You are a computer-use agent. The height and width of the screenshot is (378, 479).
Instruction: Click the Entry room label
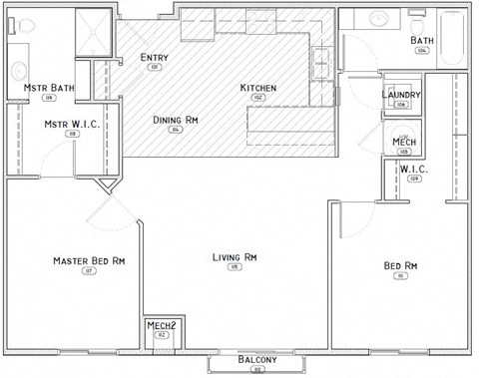tap(155, 57)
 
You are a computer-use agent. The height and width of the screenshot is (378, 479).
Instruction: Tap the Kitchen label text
tap(258, 88)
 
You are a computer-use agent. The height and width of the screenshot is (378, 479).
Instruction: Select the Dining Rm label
tap(176, 120)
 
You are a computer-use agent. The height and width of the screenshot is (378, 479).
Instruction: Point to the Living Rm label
tap(236, 257)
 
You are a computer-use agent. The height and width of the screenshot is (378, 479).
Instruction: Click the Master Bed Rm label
tap(89, 261)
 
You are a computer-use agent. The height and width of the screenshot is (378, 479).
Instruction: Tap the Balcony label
tap(257, 359)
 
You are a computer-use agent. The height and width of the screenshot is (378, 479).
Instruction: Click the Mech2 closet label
tap(162, 326)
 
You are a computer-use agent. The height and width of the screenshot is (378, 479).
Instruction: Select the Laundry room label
tap(401, 95)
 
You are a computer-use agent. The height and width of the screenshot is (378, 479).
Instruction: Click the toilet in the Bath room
tap(378, 21)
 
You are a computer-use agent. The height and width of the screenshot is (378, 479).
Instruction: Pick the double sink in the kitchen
tap(323, 62)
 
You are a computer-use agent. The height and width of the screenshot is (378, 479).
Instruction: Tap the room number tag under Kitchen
tap(257, 98)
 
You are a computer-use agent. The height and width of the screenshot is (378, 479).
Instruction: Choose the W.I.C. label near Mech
tap(413, 169)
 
